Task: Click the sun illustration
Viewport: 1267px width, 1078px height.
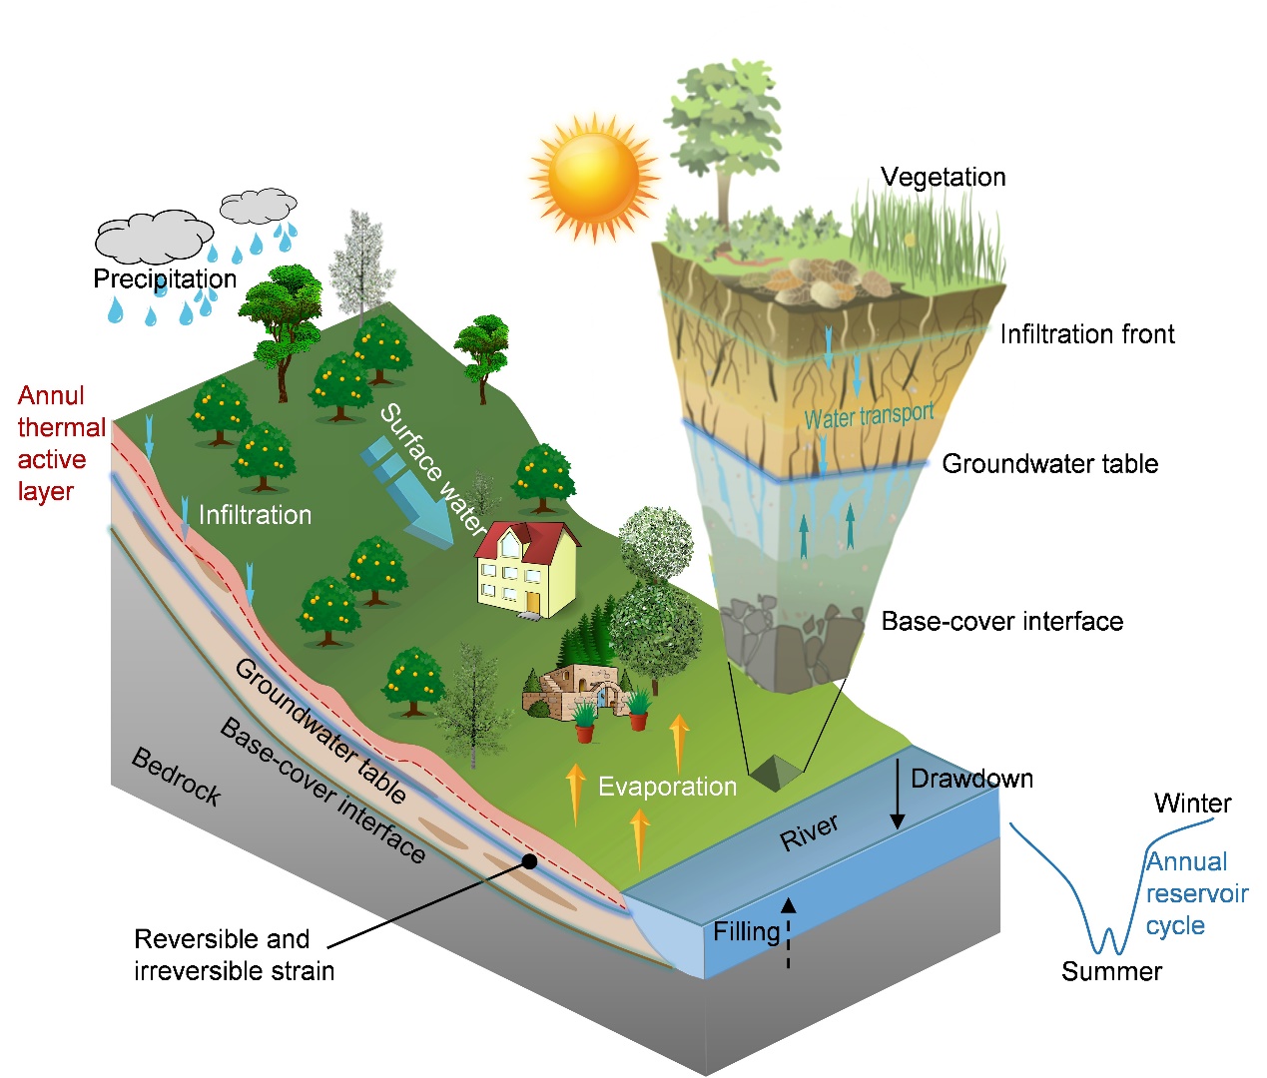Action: pos(594,178)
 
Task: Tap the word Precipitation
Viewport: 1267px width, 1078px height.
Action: pos(165,278)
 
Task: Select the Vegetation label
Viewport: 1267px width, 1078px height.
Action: pos(943,178)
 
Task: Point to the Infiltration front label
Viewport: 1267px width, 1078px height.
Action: pos(1086,334)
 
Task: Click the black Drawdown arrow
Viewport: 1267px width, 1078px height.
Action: pos(897,794)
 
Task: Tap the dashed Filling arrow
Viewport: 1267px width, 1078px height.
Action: pos(788,933)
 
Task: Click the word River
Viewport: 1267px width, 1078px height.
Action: pos(809,831)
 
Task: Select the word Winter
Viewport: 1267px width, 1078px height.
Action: pos(1192,804)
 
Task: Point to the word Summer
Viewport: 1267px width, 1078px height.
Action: pos(1111,971)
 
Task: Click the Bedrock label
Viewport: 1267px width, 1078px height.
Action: pos(176,777)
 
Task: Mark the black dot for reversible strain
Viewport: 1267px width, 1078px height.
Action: pos(529,861)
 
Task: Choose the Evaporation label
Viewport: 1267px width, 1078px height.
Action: pos(667,787)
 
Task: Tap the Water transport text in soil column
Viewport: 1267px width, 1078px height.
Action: pos(869,416)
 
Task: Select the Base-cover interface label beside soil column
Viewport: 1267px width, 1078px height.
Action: pos(1001,622)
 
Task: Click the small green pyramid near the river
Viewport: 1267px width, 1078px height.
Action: pos(776,773)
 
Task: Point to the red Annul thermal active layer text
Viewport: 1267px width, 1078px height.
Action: pos(61,443)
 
